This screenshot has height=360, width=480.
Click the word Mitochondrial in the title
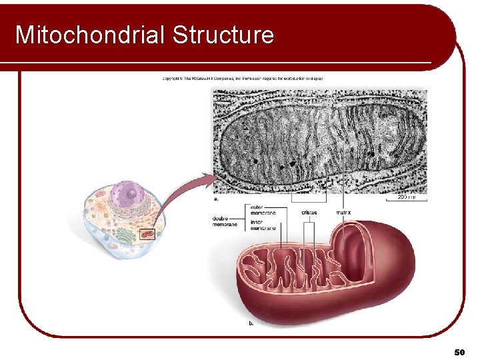pyautogui.click(x=91, y=35)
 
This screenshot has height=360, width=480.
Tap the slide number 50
pyautogui.click(x=459, y=351)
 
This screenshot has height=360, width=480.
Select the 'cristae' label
pyautogui.click(x=309, y=213)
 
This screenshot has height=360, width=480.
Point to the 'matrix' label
pyautogui.click(x=344, y=213)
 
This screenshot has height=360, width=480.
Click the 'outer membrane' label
pyautogui.click(x=263, y=210)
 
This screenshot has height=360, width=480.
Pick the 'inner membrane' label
pyautogui.click(x=263, y=225)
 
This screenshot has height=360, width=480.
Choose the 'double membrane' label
pyautogui.click(x=225, y=221)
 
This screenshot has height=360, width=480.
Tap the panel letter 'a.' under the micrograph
pyautogui.click(x=215, y=198)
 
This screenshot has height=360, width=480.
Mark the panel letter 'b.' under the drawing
pyautogui.click(x=251, y=323)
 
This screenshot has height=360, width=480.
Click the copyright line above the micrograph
pyautogui.click(x=243, y=79)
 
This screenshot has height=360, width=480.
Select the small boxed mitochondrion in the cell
pyautogui.click(x=147, y=234)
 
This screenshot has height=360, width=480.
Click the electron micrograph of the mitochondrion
pyautogui.click(x=320, y=140)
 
